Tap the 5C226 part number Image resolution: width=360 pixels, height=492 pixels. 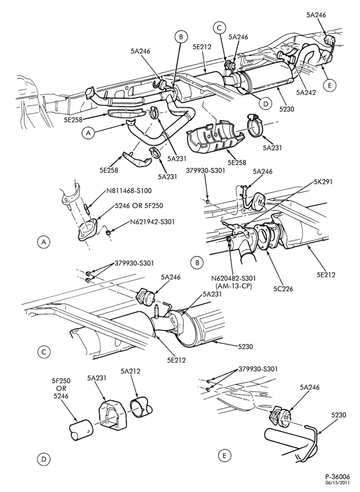tap(283, 288)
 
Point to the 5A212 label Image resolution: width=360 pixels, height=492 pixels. tap(130, 371)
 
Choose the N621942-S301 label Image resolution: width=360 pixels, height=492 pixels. tap(152, 221)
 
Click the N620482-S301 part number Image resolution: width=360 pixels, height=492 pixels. tap(233, 278)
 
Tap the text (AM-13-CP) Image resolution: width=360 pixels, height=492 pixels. tap(233, 286)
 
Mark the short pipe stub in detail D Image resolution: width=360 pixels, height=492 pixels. tap(81, 428)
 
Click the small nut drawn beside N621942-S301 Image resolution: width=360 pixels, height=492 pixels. tap(108, 233)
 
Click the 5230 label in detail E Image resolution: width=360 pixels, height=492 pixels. tap(338, 415)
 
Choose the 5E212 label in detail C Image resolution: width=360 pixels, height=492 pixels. tap(176, 360)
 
